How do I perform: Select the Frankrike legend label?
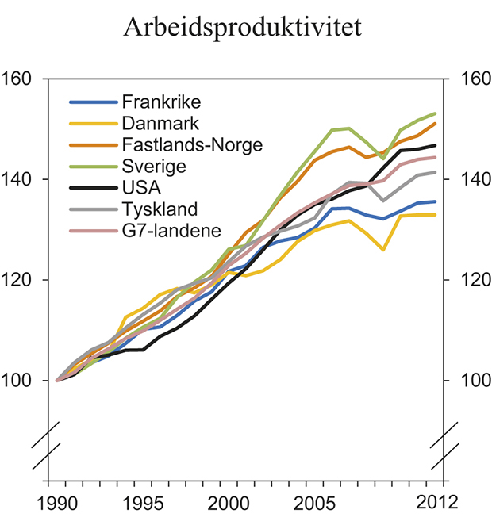tap(161, 102)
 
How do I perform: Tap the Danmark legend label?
tap(160, 124)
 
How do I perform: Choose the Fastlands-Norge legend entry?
tap(192, 145)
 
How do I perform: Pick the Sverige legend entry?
tap(154, 167)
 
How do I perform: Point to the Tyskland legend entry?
tap(160, 209)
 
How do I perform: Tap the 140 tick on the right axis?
tap(465, 180)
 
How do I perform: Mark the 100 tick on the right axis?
tap(465, 381)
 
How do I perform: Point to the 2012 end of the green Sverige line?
tap(436, 113)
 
